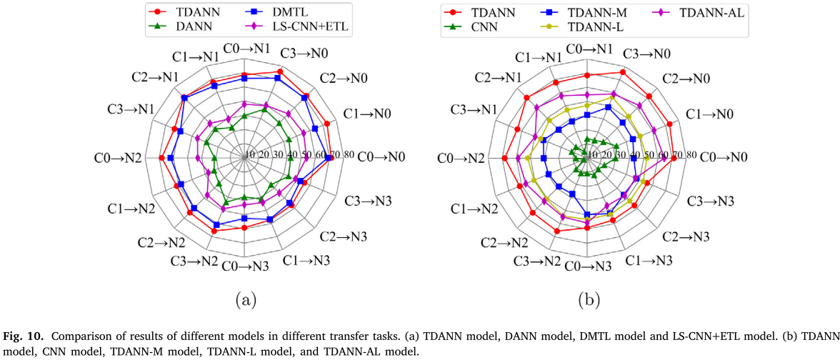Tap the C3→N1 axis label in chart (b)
[x=475, y=109]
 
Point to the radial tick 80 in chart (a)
[x=349, y=155]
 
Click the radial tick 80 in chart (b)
[x=691, y=155]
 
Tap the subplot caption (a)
[x=245, y=299]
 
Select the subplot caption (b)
[x=588, y=299]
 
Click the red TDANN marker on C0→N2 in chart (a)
[x=162, y=158]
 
